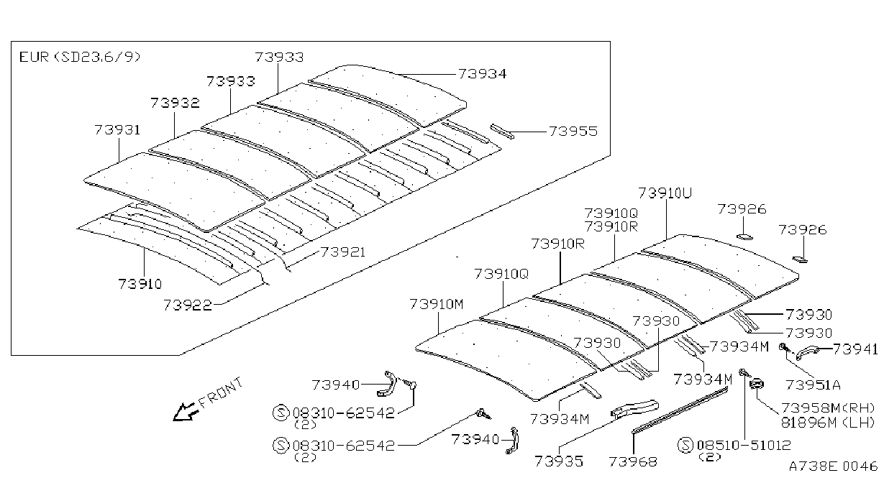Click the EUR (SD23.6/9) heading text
point(80,57)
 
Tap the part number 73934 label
point(482,74)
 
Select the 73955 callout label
point(573,131)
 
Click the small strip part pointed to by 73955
point(502,132)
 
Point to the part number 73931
point(117,129)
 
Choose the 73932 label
point(176,103)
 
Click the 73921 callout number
point(343,252)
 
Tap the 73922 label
point(188,305)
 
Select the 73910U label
point(665,193)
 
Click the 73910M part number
point(436,304)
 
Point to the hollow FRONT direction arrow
point(186,412)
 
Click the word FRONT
point(221,392)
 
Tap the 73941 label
point(855,349)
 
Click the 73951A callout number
point(813,385)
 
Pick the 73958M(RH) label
point(828,408)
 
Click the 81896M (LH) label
point(828,423)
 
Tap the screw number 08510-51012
point(744,445)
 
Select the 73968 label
point(633,461)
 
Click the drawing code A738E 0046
point(833,466)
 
